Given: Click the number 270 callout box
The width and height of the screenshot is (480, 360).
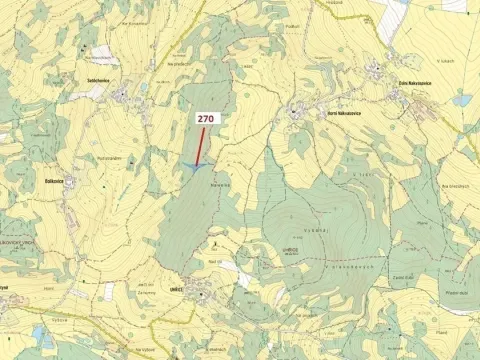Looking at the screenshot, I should pyautogui.click(x=207, y=118).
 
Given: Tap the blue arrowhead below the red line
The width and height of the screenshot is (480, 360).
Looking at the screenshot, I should pyautogui.click(x=191, y=167).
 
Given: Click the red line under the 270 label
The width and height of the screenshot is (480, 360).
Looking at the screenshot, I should pyautogui.click(x=201, y=145).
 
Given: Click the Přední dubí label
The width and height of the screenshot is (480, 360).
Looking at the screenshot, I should pyautogui.click(x=459, y=293).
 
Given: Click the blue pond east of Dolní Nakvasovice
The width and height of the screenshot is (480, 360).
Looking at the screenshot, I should pyautogui.click(x=461, y=101).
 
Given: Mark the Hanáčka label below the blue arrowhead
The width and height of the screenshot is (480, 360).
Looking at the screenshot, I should pyautogui.click(x=220, y=184).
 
